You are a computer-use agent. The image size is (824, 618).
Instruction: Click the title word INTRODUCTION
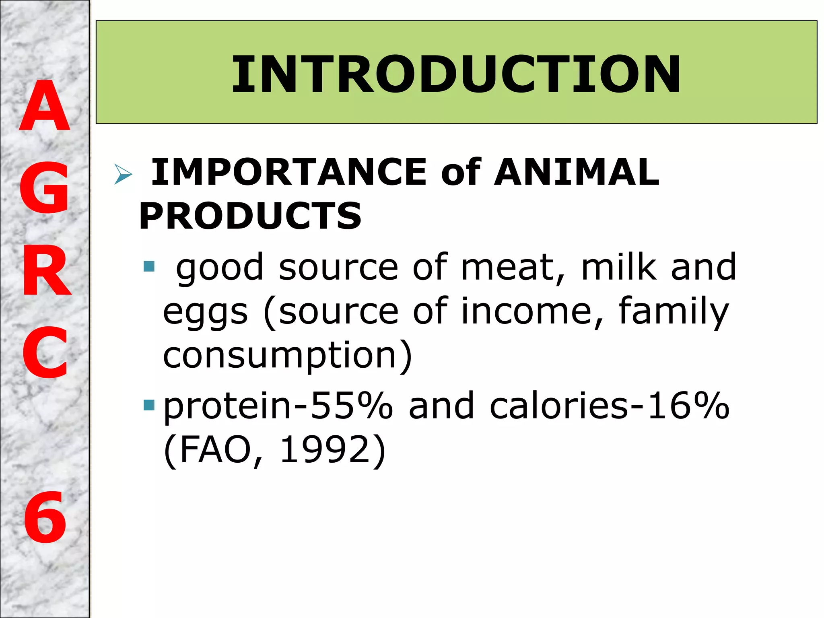[x=456, y=74]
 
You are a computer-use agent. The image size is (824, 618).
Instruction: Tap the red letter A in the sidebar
[x=45, y=106]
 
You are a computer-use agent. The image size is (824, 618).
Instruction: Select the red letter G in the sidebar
[x=44, y=187]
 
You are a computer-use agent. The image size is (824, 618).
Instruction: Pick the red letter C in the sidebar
[x=45, y=353]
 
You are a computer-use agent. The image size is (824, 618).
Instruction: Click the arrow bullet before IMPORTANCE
[x=123, y=174]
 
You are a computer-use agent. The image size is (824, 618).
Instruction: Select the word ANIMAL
[x=577, y=172]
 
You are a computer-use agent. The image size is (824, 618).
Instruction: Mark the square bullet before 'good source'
[x=149, y=266]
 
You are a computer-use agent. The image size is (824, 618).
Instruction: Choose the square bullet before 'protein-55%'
[x=149, y=405]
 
